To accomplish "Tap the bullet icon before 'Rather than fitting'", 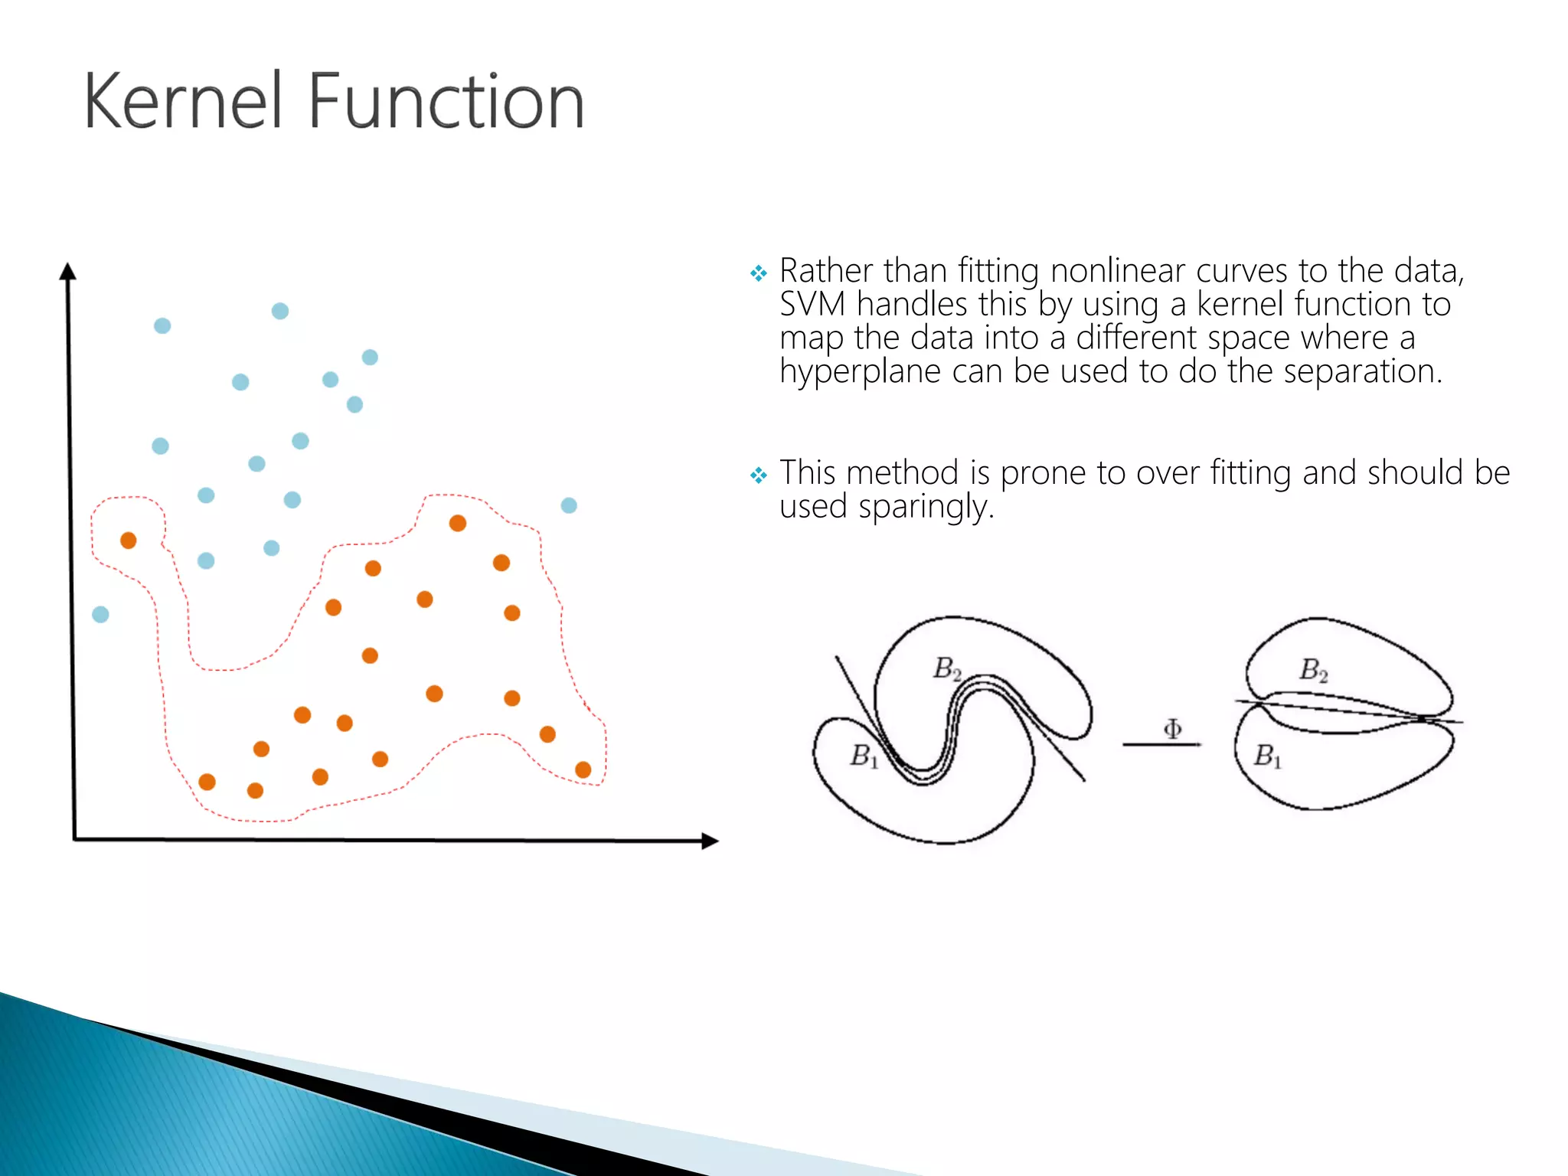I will (758, 273).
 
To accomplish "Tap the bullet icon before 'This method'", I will (758, 475).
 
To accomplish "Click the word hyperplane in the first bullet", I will (859, 372).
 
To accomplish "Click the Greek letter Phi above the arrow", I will (1172, 728).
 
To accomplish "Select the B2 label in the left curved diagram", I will (947, 668).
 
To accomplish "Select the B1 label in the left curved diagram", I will (864, 756).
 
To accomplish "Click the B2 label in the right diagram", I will (1314, 670).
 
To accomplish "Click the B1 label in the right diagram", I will (1267, 756).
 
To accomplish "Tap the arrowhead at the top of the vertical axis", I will (67, 271).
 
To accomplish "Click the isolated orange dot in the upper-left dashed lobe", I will (129, 541).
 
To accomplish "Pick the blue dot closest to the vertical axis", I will (100, 614).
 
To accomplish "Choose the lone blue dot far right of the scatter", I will (569, 505).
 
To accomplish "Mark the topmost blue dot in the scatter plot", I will (280, 311).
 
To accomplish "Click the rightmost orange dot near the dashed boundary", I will (583, 769).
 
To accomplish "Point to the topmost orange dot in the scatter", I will (458, 523).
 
